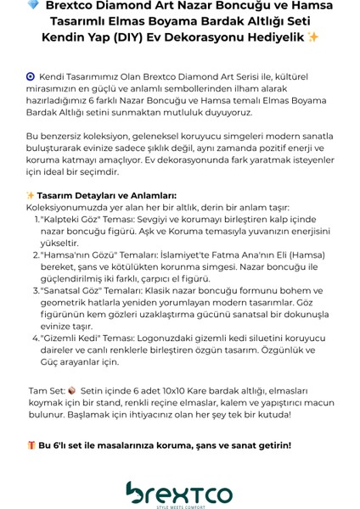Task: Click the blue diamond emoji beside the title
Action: click(33, 6)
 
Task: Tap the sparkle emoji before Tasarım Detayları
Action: click(31, 195)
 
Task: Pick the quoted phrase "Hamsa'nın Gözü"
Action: click(82, 255)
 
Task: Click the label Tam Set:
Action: click(44, 391)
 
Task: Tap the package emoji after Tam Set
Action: click(71, 391)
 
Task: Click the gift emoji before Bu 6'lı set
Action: click(31, 445)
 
